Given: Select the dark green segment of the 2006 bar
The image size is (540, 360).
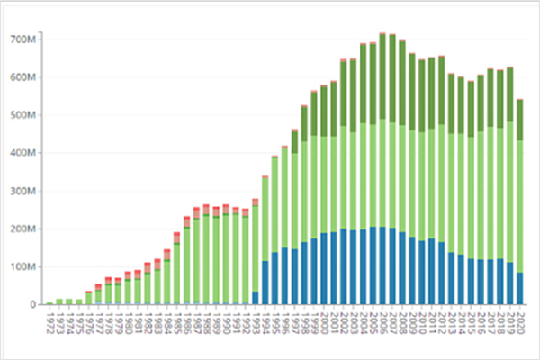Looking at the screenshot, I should [x=382, y=76].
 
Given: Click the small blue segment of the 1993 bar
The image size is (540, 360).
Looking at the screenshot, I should [x=255, y=298].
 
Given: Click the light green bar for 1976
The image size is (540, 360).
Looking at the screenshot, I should [x=89, y=298].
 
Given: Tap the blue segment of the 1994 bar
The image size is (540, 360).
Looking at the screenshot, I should [x=265, y=283].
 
